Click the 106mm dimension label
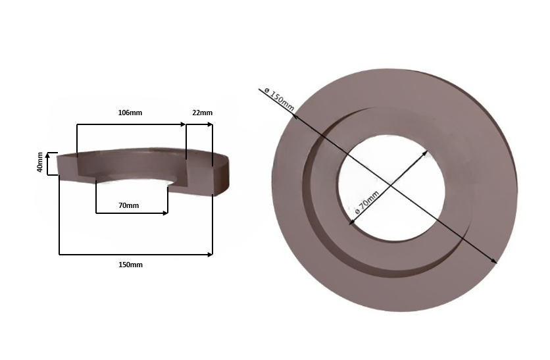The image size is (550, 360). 130,113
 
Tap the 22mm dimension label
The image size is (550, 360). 202,113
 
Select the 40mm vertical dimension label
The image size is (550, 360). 41,163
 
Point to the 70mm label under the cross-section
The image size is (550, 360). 128,205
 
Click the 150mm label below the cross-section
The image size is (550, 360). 130,265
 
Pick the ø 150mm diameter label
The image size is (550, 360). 278,97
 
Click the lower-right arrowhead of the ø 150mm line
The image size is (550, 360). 495,262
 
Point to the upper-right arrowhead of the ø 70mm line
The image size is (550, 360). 426,153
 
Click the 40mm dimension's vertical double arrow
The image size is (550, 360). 47,163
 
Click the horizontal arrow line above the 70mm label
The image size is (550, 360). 132,213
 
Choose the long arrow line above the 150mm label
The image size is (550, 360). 136,253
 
